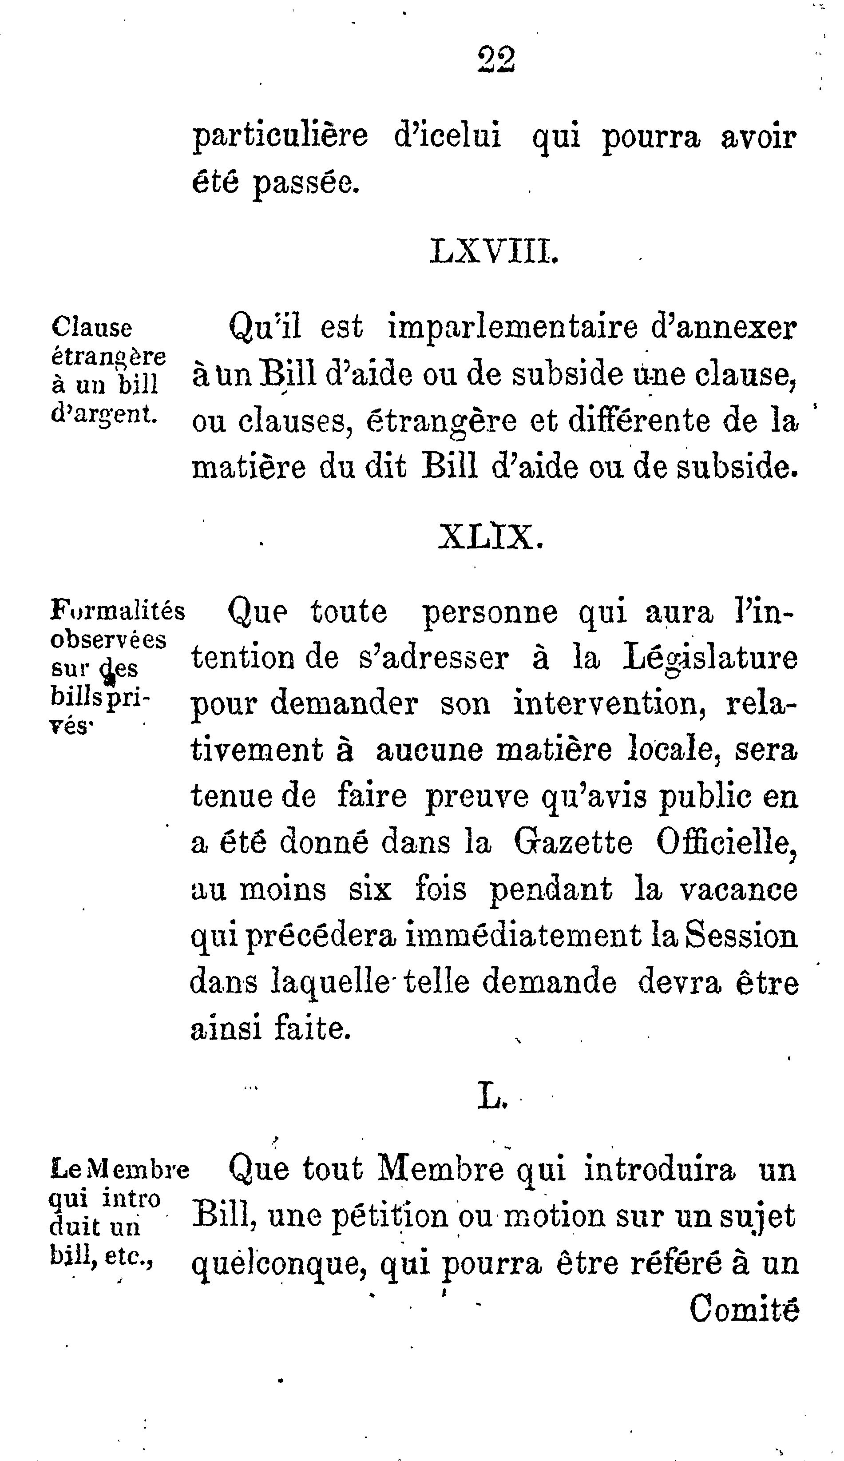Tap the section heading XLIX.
[x=491, y=537]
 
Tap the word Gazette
[x=573, y=842]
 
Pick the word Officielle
[x=727, y=842]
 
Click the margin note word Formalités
[x=118, y=611]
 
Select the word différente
[x=639, y=421]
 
